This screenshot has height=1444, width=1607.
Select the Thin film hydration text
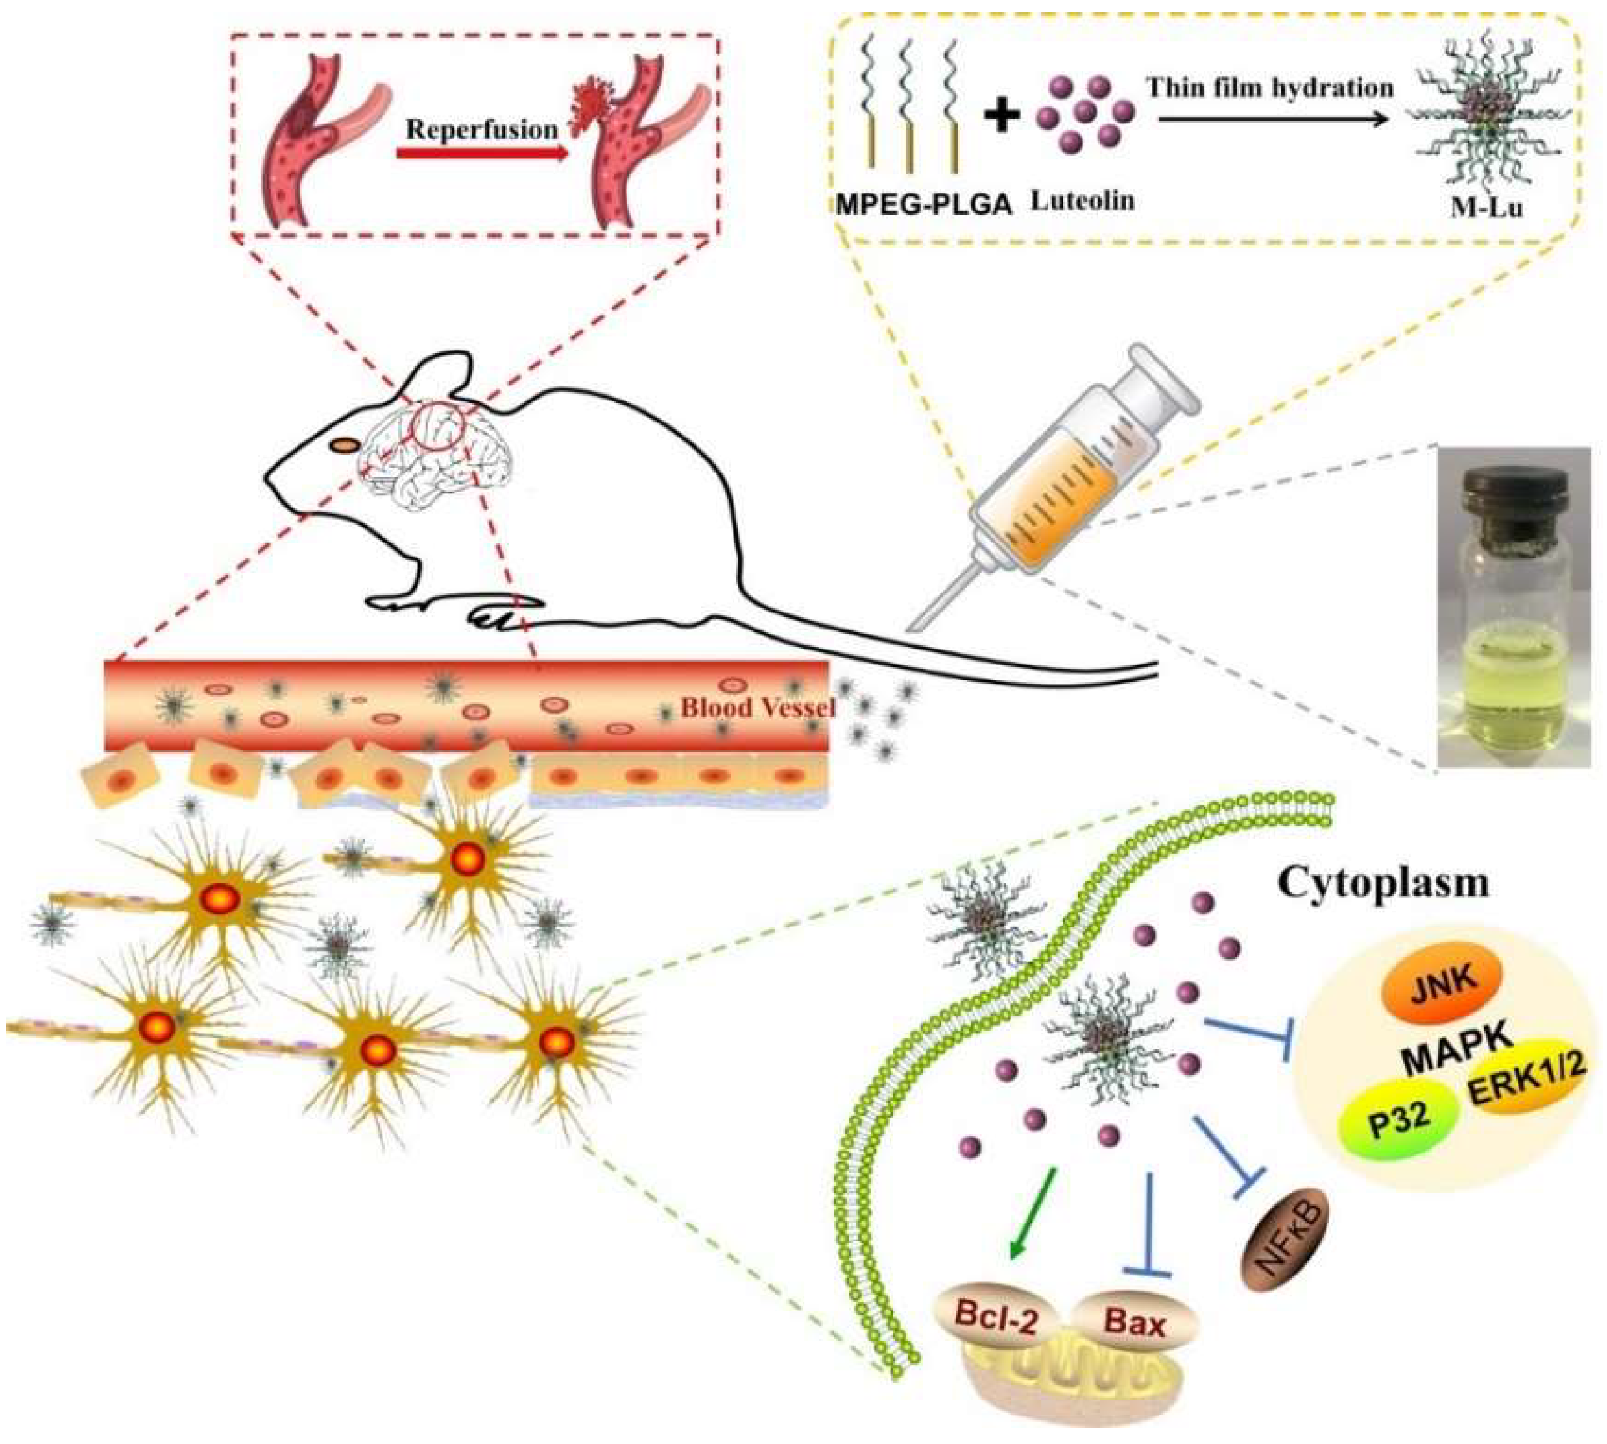click(x=1269, y=88)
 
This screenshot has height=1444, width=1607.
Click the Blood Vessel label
click(x=758, y=707)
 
